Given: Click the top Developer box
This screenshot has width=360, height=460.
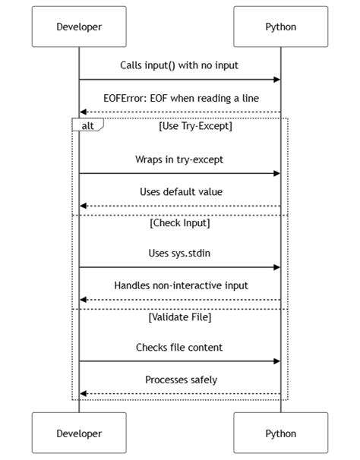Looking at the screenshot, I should point(79,27).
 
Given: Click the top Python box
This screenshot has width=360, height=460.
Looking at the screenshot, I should point(281,27).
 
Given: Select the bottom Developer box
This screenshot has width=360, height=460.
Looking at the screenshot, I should point(79,433).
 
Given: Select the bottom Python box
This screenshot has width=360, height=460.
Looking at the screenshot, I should point(281,433).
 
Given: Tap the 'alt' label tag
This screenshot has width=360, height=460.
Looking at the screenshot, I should point(87,125).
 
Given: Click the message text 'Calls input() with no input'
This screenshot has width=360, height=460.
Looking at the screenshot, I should point(179,66).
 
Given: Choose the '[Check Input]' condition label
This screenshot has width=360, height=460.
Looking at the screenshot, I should point(180,223).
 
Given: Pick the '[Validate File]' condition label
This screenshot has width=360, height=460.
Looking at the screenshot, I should point(180,317).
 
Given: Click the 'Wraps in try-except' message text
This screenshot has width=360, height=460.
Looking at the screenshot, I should point(180,160).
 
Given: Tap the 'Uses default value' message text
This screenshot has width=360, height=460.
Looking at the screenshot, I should point(180,192).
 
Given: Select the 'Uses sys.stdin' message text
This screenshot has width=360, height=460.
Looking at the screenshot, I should point(180,254).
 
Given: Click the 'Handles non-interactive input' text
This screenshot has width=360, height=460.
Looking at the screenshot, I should point(180,286).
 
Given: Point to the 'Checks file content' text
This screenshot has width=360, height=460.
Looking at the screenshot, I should point(180,348).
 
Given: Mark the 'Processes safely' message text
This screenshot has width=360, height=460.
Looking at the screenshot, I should point(180,380).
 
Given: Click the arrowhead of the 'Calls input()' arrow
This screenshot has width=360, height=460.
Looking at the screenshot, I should point(277,79).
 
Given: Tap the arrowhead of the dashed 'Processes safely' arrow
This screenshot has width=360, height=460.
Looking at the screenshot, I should point(83,393).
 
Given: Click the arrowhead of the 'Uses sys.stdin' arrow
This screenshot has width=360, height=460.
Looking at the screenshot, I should point(277,267).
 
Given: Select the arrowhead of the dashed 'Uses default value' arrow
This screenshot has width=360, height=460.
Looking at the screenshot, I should point(83,206).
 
